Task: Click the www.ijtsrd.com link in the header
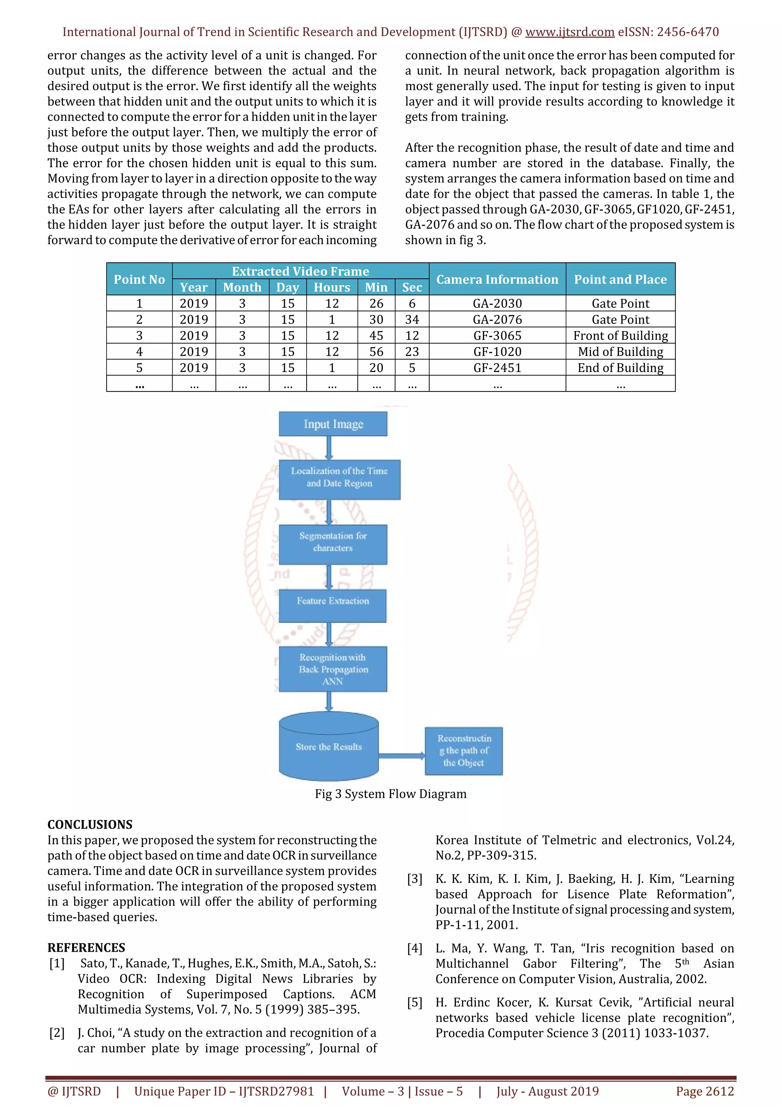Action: click(x=569, y=32)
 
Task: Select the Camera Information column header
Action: click(x=497, y=280)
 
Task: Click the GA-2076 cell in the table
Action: click(x=497, y=319)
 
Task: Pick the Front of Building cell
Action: click(x=620, y=336)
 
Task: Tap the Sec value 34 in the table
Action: click(x=412, y=319)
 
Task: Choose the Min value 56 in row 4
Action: click(x=376, y=352)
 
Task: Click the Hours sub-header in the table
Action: click(x=332, y=288)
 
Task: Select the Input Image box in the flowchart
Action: click(x=333, y=424)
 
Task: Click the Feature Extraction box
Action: click(x=333, y=605)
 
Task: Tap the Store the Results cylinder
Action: click(x=329, y=746)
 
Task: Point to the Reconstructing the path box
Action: click(x=463, y=750)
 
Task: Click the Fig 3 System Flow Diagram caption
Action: click(x=391, y=794)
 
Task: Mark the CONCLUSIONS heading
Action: click(x=90, y=824)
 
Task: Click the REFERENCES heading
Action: click(x=86, y=948)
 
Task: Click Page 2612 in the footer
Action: click(x=705, y=1091)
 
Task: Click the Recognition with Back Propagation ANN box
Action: click(x=333, y=669)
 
